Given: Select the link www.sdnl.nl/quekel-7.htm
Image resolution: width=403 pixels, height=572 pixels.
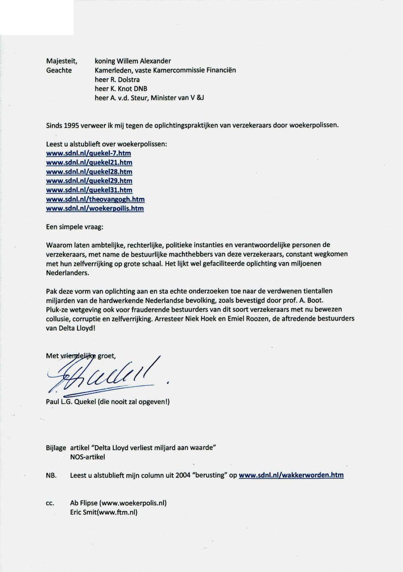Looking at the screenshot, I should tap(89, 153).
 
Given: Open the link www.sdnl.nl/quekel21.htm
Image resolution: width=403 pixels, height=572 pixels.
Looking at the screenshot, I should tap(89, 163).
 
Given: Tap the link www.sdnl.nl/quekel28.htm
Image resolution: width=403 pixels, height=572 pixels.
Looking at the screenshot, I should tap(89, 172).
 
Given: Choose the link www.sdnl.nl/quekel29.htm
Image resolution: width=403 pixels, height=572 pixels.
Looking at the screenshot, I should tap(89, 181).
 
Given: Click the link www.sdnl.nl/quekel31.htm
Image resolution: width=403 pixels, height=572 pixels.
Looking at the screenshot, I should tap(89, 190).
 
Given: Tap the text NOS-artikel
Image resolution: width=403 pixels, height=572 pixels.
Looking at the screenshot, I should tap(87, 457).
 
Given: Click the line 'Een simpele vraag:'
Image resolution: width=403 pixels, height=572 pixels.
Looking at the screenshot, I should tap(75, 227).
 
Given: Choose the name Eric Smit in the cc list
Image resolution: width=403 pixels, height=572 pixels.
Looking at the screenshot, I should tap(83, 512).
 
